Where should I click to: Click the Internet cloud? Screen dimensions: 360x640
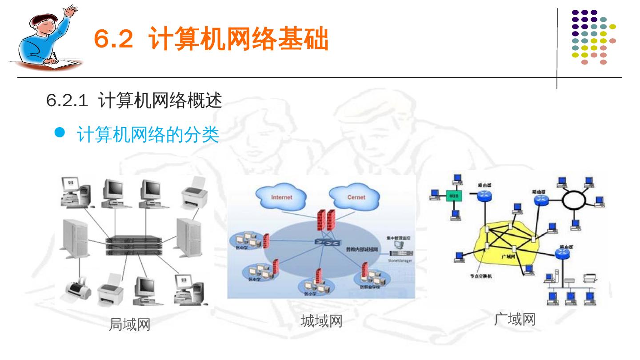(x=281, y=197)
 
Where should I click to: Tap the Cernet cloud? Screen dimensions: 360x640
(x=356, y=197)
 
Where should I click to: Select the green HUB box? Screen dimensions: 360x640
(x=453, y=196)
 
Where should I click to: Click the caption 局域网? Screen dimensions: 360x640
(x=130, y=325)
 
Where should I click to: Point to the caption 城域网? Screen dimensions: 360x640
(x=321, y=321)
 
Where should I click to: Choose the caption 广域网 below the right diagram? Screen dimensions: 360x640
(x=515, y=319)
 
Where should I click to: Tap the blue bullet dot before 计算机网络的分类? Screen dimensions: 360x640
(x=60, y=132)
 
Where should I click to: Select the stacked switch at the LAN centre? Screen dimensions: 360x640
(x=132, y=246)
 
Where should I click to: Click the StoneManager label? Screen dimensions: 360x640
(x=400, y=261)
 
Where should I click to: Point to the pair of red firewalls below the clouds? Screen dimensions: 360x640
(x=328, y=220)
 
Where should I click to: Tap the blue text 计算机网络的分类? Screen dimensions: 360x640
(x=148, y=135)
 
